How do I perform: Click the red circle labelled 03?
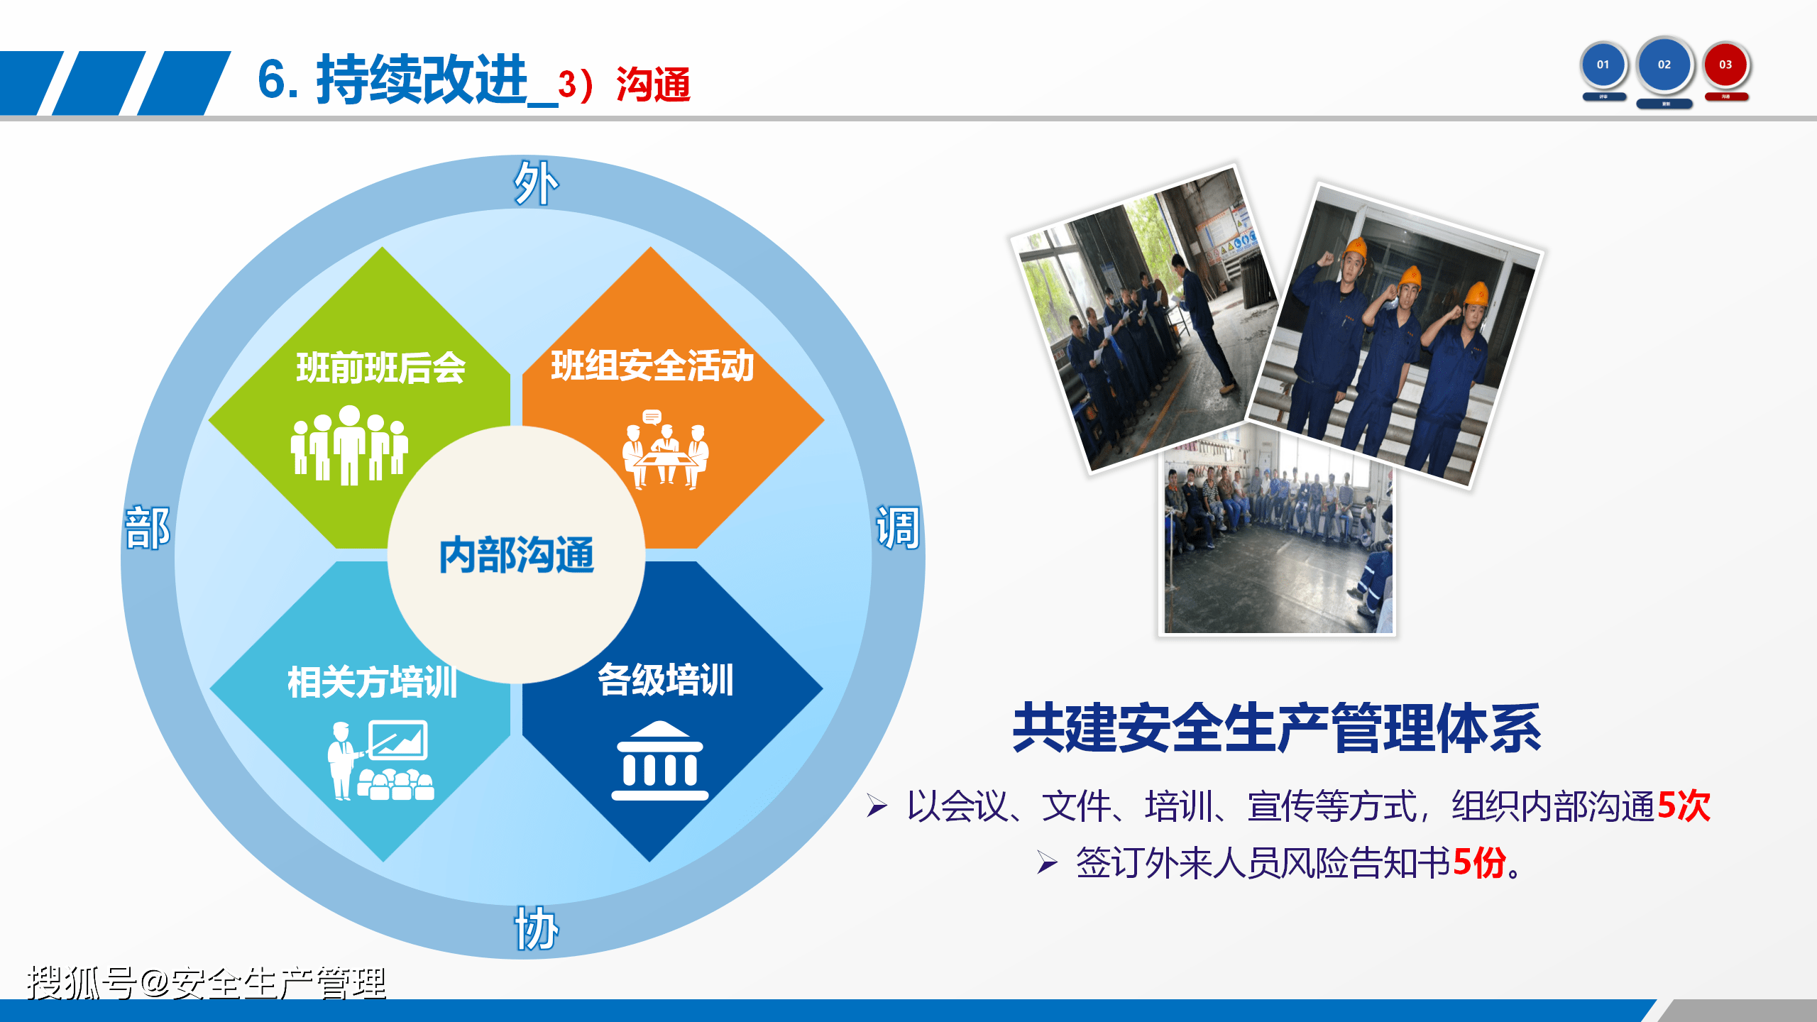(x=1725, y=65)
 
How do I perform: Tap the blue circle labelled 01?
(x=1603, y=65)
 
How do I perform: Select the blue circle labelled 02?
(x=1664, y=65)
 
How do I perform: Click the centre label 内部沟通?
(x=516, y=555)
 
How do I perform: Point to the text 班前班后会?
(x=380, y=368)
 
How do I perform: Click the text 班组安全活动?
(x=652, y=366)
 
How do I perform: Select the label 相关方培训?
(x=372, y=682)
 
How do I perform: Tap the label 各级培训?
(x=665, y=680)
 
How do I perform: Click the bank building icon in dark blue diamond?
(x=660, y=762)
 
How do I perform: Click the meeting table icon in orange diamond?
(x=665, y=450)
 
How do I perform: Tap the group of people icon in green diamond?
(x=349, y=446)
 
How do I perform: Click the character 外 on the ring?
(x=536, y=183)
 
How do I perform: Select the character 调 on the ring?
(x=898, y=528)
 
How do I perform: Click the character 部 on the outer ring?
(x=148, y=528)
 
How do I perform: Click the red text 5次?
(x=1684, y=806)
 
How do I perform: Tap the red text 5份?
(x=1479, y=864)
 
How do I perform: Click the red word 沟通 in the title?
(x=653, y=85)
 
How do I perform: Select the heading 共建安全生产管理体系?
(x=1276, y=728)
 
